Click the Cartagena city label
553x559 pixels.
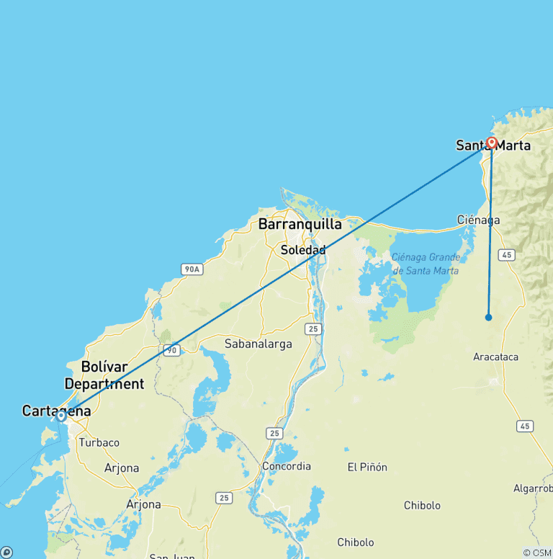point(56,411)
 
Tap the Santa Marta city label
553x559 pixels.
point(493,146)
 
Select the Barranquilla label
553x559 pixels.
point(300,224)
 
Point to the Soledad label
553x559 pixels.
point(303,250)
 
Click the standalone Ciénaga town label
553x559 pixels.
point(478,219)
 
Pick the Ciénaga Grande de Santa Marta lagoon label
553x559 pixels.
point(425,264)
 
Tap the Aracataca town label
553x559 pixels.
point(495,357)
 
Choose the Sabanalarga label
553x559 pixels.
point(258,344)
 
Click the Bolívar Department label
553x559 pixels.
point(112,375)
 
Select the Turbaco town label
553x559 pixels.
point(99,442)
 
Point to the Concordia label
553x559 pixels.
point(287,466)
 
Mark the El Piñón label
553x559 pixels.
point(367,468)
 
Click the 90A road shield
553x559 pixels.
point(191,269)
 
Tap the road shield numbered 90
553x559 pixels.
point(171,350)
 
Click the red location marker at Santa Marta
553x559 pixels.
point(492,143)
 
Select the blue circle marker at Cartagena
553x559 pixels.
point(61,415)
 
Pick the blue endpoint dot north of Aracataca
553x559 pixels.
point(488,317)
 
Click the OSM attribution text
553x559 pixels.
point(536,553)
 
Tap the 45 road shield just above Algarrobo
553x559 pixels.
point(526,426)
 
